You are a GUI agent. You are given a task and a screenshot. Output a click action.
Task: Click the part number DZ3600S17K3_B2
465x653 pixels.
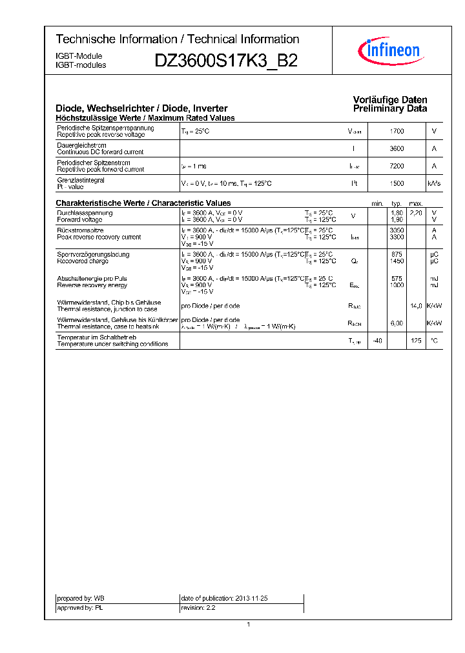pos(226,61)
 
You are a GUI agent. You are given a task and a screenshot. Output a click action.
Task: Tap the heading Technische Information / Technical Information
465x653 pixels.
pos(177,39)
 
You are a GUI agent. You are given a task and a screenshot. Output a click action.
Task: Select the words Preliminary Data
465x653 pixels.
pos(389,109)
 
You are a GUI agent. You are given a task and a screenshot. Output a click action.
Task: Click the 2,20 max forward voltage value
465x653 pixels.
pos(416,213)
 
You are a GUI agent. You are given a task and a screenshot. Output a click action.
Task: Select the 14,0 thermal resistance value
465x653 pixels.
pos(416,306)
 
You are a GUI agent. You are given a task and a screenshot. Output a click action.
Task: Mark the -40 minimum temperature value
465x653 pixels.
pos(377,341)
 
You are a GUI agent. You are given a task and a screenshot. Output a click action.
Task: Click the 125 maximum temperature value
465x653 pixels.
pos(416,341)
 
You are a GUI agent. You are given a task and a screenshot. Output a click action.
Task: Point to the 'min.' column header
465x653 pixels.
pos(377,203)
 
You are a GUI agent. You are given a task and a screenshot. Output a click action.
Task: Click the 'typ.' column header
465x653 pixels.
pos(397,203)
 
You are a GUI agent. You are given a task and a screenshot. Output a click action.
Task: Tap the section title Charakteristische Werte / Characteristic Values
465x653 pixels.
pos(143,203)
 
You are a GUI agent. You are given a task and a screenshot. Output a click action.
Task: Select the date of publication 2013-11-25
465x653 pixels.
pos(224,599)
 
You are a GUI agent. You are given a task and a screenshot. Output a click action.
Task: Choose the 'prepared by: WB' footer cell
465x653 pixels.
pos(81,599)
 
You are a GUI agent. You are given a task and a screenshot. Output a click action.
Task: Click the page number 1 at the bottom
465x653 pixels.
pos(248,624)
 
